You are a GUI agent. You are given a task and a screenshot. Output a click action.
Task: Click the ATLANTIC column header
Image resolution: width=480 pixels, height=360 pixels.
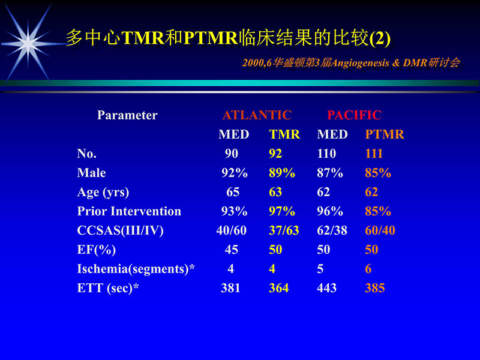coord(257,115)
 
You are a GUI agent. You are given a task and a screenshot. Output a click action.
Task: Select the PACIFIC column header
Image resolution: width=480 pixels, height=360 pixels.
coord(354,115)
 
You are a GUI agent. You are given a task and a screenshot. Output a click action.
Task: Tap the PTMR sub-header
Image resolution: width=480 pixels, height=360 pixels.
coord(385,134)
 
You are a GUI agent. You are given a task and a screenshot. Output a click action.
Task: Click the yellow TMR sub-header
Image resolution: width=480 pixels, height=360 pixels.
coord(284,134)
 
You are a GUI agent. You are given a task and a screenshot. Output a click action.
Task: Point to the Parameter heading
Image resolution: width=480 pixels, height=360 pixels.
coord(127,115)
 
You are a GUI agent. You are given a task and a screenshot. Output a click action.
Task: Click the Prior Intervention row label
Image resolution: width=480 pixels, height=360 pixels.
coord(129,211)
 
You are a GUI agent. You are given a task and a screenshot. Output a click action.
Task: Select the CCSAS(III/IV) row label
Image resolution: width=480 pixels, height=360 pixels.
coord(120,230)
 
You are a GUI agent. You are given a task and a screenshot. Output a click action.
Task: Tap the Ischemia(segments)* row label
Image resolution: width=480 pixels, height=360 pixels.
coord(136,269)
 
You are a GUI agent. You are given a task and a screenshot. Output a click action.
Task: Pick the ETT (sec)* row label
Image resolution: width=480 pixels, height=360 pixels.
coord(108,288)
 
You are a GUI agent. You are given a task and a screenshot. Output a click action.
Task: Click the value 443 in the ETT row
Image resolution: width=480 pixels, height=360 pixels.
coord(327,288)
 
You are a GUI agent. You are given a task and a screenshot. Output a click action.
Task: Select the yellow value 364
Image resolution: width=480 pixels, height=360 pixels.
coord(279,288)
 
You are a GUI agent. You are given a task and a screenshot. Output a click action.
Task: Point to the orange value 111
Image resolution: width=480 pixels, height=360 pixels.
coord(374,154)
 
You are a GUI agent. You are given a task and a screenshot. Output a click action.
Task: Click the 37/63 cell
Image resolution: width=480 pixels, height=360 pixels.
coord(284,230)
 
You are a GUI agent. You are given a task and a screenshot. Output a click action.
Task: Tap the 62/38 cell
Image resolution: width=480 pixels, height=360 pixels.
coord(332,230)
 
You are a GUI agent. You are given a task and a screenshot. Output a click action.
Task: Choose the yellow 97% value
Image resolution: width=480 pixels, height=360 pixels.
coord(282,211)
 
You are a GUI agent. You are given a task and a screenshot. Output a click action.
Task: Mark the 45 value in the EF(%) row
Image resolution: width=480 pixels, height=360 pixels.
coord(232,250)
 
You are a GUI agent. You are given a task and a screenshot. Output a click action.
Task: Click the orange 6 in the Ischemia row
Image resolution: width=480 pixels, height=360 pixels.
coord(368,269)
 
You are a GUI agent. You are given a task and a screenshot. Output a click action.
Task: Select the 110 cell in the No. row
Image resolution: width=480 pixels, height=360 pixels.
coord(327,154)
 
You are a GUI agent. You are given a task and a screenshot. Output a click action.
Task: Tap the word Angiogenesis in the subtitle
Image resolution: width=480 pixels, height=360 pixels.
coord(354,63)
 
